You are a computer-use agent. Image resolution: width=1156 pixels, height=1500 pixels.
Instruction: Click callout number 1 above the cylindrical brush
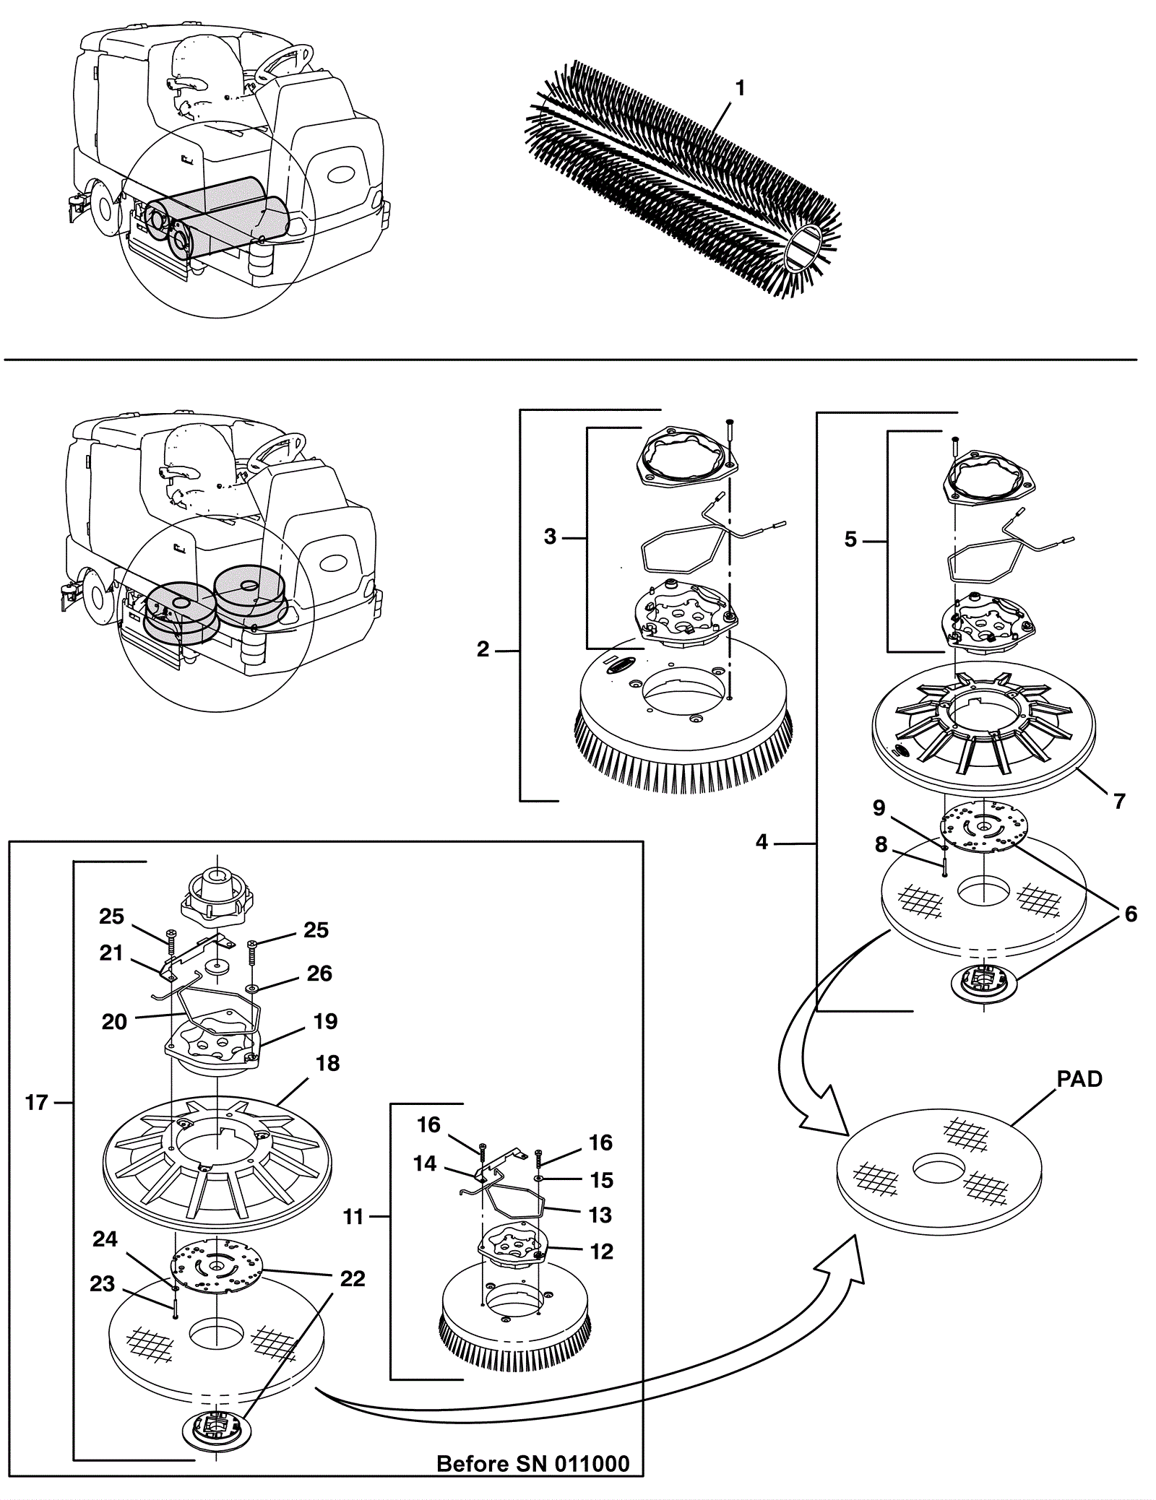pyautogui.click(x=739, y=88)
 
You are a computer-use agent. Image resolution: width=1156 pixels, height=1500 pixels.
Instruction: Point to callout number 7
pyautogui.click(x=1119, y=801)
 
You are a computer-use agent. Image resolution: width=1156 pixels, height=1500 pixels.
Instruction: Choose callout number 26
pyautogui.click(x=319, y=974)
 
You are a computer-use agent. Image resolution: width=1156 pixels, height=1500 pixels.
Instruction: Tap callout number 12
pyautogui.click(x=601, y=1251)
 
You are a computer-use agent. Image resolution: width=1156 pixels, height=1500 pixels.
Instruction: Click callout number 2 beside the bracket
pyautogui.click(x=483, y=649)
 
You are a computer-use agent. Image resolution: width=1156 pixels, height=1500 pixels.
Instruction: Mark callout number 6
pyautogui.click(x=1130, y=914)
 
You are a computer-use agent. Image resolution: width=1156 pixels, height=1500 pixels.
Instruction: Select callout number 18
pyautogui.click(x=327, y=1063)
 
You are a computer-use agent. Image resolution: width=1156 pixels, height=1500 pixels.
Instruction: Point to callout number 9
pyautogui.click(x=879, y=807)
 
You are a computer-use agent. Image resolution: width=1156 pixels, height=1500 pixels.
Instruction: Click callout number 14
pyautogui.click(x=425, y=1163)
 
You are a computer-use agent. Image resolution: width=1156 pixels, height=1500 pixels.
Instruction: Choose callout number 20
pyautogui.click(x=114, y=1021)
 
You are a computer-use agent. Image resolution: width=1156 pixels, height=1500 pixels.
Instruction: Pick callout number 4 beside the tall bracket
pyautogui.click(x=762, y=842)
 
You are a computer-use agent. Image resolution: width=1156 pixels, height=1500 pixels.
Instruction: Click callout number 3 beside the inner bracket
pyautogui.click(x=551, y=537)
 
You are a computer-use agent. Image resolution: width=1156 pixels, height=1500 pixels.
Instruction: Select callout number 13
pyautogui.click(x=600, y=1215)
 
